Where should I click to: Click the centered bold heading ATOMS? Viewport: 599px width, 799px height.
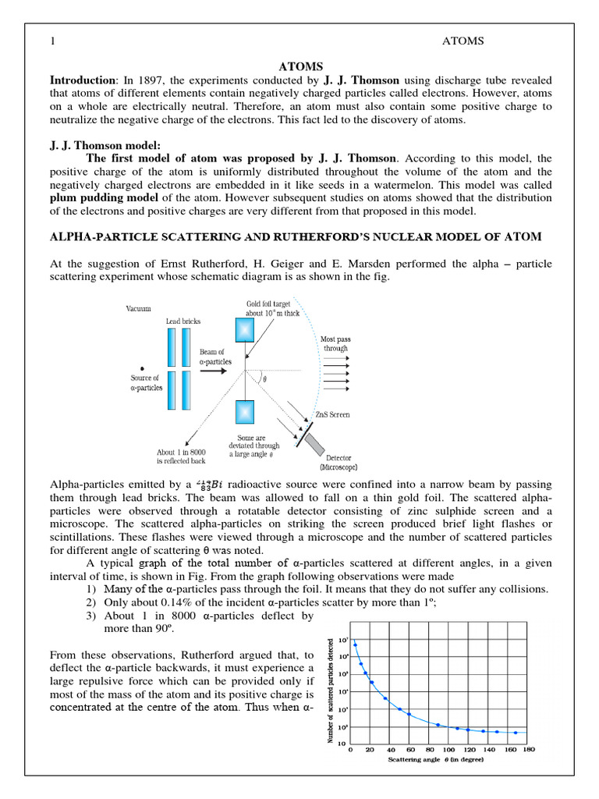click(300, 67)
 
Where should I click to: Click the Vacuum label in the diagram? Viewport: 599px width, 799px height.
click(139, 309)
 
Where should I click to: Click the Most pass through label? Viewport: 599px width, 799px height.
click(335, 344)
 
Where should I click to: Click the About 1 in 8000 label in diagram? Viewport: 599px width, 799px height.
click(179, 456)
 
